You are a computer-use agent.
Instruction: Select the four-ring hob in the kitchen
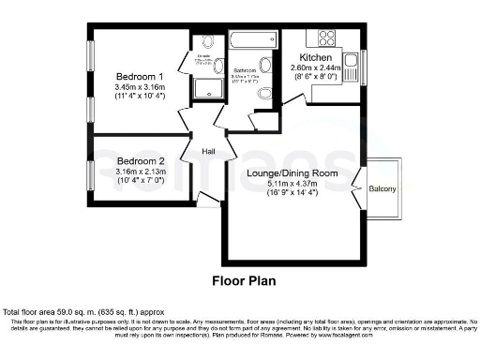click(327, 38)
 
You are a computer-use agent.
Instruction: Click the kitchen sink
click(351, 67)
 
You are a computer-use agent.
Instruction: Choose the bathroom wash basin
click(266, 65)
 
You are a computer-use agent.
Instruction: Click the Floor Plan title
click(239, 280)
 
